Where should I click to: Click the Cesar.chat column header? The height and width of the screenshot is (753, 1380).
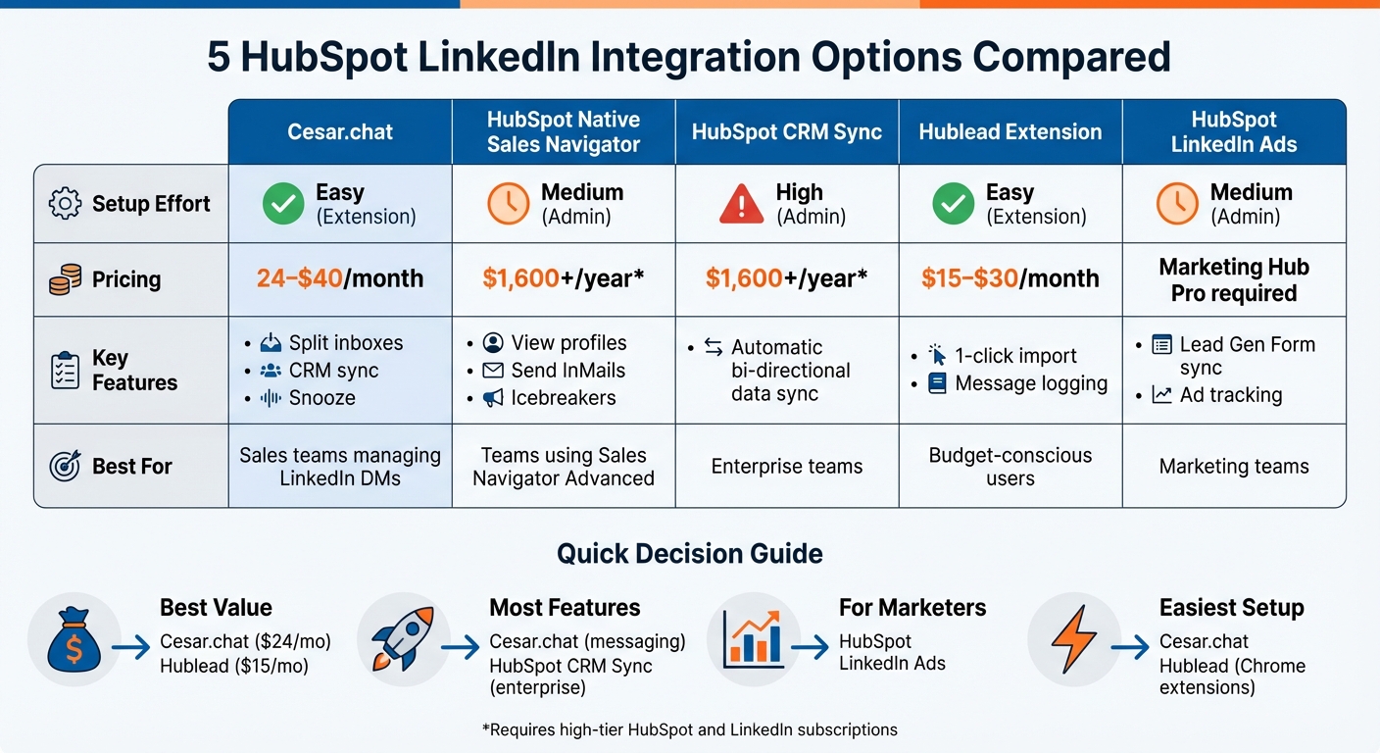pyautogui.click(x=340, y=131)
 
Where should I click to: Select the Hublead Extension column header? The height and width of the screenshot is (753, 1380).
pyautogui.click(x=1010, y=131)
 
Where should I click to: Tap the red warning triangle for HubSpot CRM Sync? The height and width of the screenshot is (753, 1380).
pyautogui.click(x=741, y=204)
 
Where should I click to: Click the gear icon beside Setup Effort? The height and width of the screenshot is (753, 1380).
pyautogui.click(x=65, y=204)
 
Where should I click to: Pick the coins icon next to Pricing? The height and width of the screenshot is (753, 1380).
pyautogui.click(x=65, y=280)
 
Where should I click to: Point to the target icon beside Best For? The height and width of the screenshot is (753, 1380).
pyautogui.click(x=65, y=467)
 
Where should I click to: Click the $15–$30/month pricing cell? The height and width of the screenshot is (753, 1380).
pyautogui.click(x=1010, y=278)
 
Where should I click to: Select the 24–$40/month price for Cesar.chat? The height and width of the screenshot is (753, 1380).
pyautogui.click(x=340, y=278)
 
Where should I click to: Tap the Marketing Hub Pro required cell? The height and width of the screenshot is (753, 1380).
pyautogui.click(x=1233, y=280)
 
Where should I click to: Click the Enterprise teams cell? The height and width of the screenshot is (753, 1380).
pyautogui.click(x=787, y=467)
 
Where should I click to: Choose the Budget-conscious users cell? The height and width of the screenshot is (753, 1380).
pyautogui.click(x=1010, y=467)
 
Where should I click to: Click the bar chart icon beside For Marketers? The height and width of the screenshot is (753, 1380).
pyautogui.click(x=753, y=638)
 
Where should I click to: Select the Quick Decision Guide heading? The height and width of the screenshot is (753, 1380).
pyautogui.click(x=689, y=554)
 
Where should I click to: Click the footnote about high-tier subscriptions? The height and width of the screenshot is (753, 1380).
pyautogui.click(x=689, y=729)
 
